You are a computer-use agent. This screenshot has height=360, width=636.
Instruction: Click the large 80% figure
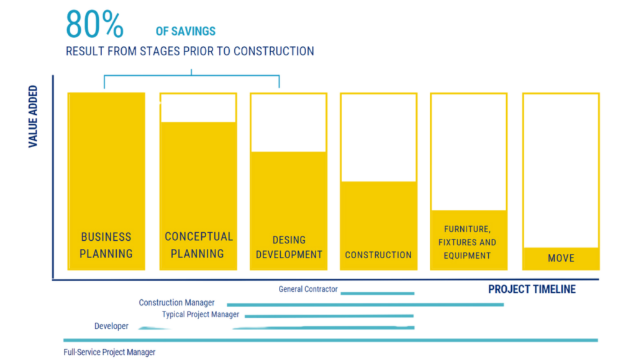pos(94,25)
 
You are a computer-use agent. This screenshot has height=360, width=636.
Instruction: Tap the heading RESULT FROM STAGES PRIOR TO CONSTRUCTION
pos(189,51)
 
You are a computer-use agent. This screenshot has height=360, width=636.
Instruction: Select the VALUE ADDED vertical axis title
pos(33,117)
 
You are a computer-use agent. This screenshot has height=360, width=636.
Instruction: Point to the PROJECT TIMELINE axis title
pos(532,289)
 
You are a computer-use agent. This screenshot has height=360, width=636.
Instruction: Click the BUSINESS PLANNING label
pos(106,245)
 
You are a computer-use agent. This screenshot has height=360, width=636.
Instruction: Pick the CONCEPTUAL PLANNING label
pos(198,245)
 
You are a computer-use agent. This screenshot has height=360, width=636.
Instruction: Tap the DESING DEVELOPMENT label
pos(289,247)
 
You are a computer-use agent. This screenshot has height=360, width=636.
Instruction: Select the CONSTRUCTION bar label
pos(378,254)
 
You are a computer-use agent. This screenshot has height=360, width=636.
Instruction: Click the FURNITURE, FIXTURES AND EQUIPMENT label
pos(468,242)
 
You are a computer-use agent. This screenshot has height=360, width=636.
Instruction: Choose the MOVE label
pos(561,258)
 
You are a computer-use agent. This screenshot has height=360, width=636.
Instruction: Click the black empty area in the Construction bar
pos(378,138)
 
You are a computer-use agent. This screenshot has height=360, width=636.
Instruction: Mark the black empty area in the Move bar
pos(561,171)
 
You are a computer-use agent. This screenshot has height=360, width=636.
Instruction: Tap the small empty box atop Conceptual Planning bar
pos(198,109)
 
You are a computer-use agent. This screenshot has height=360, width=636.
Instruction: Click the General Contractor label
pos(307,289)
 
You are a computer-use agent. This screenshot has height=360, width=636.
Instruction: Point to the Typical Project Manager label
pos(200,315)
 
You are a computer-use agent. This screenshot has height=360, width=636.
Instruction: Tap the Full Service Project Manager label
pos(110,353)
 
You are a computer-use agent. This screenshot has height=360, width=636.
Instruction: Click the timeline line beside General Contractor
pos(377,292)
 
